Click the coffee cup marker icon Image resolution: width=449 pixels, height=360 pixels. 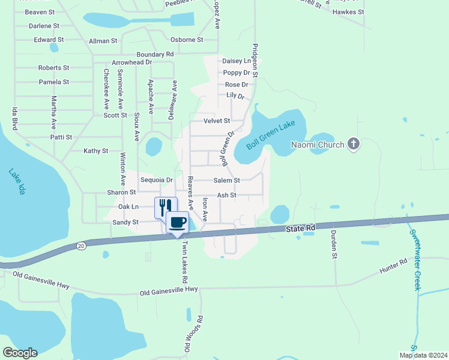tap(177, 222)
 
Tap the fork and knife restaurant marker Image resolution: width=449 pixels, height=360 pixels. tap(166, 208)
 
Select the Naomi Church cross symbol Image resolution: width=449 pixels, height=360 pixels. tap(354, 144)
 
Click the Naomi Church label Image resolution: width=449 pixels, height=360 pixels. tap(318, 145)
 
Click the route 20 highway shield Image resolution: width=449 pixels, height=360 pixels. tap(81, 245)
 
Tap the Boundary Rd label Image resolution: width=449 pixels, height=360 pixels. tap(155, 54)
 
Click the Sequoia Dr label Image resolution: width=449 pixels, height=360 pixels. tap(156, 180)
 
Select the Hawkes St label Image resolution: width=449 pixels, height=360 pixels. tap(348, 12)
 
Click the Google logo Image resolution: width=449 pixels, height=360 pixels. tap(20, 353)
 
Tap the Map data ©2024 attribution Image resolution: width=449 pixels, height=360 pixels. tap(423, 355)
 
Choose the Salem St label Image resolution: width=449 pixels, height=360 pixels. tap(228, 180)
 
